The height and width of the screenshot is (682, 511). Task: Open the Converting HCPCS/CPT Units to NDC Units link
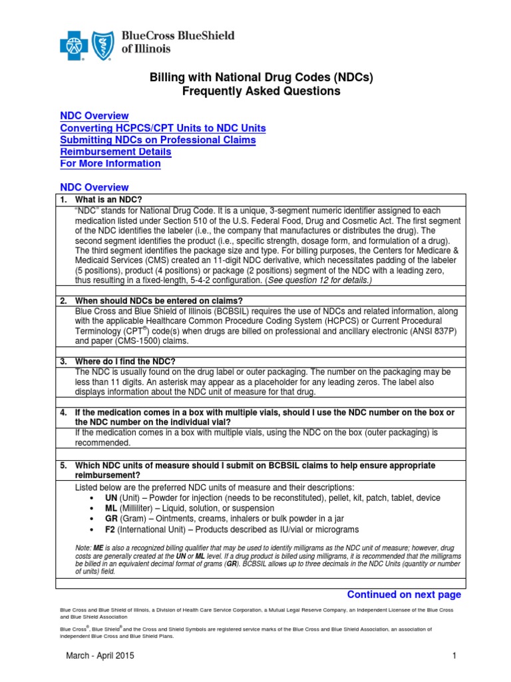(x=163, y=128)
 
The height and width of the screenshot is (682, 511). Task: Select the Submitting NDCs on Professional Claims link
(x=158, y=140)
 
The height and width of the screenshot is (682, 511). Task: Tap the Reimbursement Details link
(x=115, y=152)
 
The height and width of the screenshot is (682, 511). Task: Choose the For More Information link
(x=110, y=164)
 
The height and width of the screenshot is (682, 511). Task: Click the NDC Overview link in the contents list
(x=94, y=116)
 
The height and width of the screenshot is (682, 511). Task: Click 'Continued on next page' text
(x=404, y=594)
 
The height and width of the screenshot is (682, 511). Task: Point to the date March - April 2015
(x=100, y=656)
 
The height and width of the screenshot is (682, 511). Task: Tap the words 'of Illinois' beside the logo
(x=146, y=49)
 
